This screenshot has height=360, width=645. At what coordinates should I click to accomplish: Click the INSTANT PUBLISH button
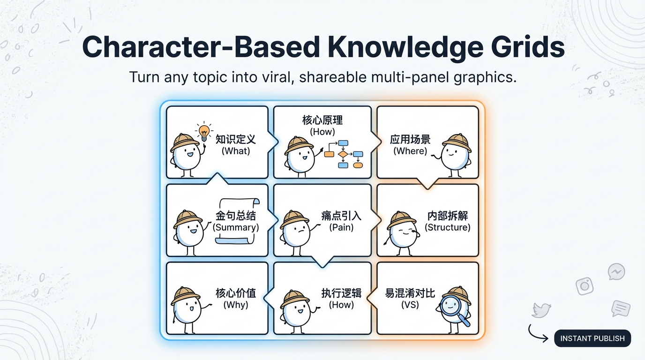(x=592, y=338)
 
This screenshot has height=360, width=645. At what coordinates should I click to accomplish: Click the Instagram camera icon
(x=585, y=286)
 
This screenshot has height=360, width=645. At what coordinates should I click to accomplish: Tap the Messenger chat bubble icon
(x=616, y=271)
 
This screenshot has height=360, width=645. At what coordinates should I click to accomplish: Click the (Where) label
(x=410, y=151)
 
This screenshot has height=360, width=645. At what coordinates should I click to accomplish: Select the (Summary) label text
(x=235, y=227)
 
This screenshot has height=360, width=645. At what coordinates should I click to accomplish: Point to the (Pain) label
(x=341, y=227)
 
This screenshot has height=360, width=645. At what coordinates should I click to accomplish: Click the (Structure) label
(x=448, y=227)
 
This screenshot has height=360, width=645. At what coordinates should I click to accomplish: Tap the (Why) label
(x=235, y=305)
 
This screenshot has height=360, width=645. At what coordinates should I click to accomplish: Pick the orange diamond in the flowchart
(x=343, y=154)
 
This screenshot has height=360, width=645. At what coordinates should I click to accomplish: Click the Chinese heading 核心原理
(x=322, y=120)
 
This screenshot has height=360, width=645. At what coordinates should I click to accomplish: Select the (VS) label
(x=410, y=305)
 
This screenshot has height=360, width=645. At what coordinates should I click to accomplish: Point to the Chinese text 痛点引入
(x=341, y=216)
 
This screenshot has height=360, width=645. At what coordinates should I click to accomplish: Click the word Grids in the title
(x=528, y=48)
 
